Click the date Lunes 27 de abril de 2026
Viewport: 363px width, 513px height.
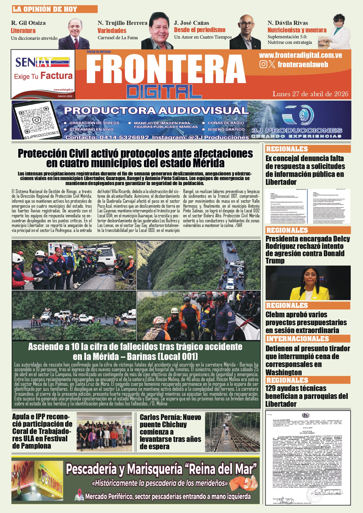pos(310,94)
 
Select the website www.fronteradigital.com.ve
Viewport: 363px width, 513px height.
pos(300,55)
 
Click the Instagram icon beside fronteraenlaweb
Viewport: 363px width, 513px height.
pos(263,64)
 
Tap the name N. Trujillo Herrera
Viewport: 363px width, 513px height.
pos(122,23)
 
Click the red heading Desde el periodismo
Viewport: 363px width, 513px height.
pos(199,30)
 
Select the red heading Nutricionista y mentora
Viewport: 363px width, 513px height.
pos(297,30)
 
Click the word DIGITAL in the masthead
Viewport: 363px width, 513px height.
pos(164,92)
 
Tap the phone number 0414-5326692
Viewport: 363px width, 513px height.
pos(124,137)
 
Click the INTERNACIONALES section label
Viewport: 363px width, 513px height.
pos(297,339)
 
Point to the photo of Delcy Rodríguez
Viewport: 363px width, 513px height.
pos(308,283)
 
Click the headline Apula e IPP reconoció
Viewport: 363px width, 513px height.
pos(42,431)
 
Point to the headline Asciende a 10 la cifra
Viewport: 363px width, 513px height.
pos(135,352)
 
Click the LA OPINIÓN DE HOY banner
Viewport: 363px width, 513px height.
pos(54,9)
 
